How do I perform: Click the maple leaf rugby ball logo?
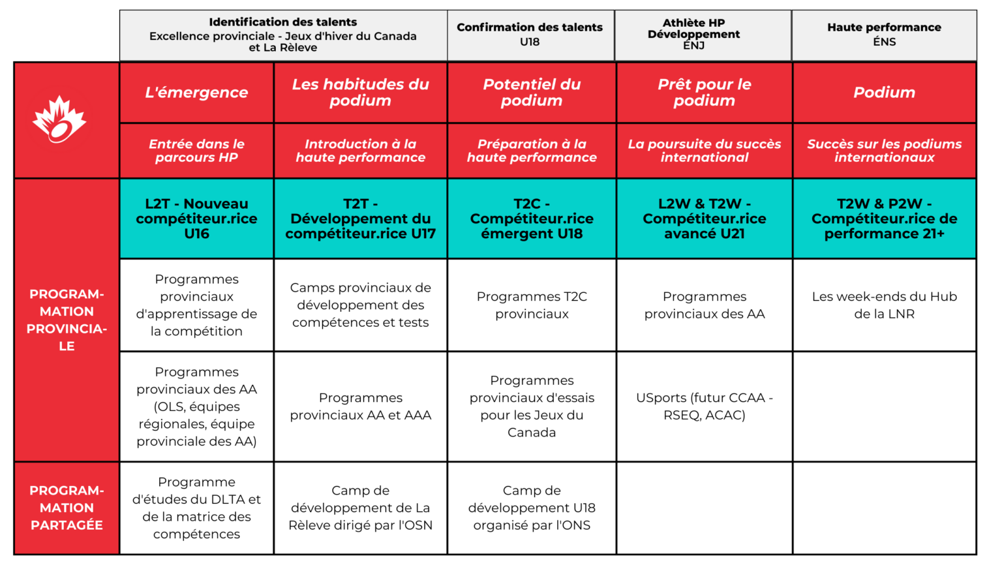click(59, 119)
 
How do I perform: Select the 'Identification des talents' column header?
click(283, 35)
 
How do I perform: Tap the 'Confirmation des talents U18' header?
click(530, 35)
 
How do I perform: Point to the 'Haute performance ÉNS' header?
click(884, 35)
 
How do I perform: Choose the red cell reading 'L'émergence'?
click(196, 93)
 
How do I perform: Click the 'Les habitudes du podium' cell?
click(360, 93)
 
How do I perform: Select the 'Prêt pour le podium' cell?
click(704, 93)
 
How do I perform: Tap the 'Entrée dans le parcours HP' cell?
click(196, 151)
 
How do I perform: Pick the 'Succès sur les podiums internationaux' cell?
click(884, 151)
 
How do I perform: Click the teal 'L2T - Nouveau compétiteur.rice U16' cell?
click(196, 219)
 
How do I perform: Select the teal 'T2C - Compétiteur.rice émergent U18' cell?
click(532, 219)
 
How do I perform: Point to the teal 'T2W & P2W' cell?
click(884, 219)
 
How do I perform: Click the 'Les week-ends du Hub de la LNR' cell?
click(884, 305)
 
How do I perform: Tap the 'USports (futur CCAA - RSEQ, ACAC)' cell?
click(704, 406)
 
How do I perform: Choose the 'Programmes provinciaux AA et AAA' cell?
click(360, 406)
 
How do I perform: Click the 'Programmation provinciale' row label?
click(67, 320)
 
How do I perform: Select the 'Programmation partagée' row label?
click(67, 508)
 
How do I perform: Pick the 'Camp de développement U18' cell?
click(532, 508)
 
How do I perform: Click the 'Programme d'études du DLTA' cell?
click(196, 508)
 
